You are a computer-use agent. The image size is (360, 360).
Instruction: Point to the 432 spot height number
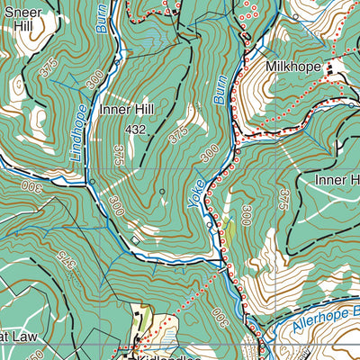click(136, 130)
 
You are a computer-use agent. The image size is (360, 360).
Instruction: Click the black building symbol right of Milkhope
click(329, 67)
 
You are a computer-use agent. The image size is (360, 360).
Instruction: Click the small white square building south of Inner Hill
click(135, 240)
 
